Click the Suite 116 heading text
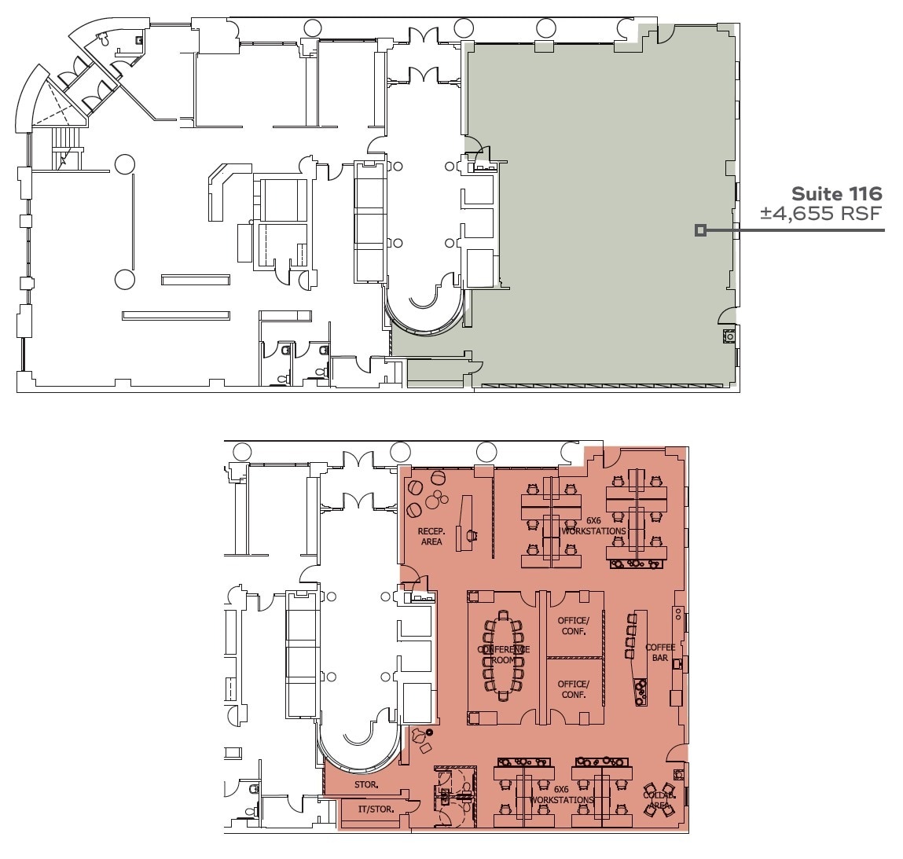(836, 193)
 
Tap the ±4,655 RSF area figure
(820, 213)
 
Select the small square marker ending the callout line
(700, 230)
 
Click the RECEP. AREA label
(431, 537)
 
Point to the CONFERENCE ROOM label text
(503, 655)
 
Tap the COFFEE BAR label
(660, 652)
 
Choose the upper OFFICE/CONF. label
(573, 626)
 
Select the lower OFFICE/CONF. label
(573, 689)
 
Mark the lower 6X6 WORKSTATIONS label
(561, 795)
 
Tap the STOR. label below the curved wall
(366, 784)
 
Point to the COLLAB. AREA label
(658, 799)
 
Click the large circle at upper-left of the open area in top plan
(124, 164)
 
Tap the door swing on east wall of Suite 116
(728, 315)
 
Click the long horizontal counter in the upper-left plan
(176, 315)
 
